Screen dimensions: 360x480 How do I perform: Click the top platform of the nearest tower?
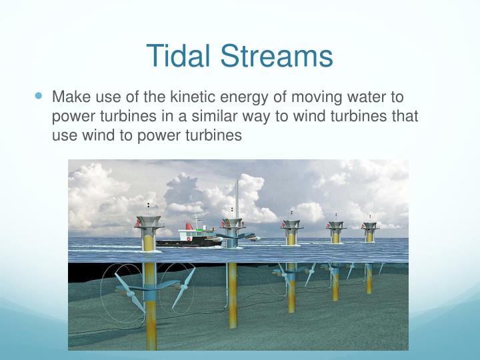(x=148, y=221)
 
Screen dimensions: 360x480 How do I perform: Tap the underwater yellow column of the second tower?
(x=232, y=293)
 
